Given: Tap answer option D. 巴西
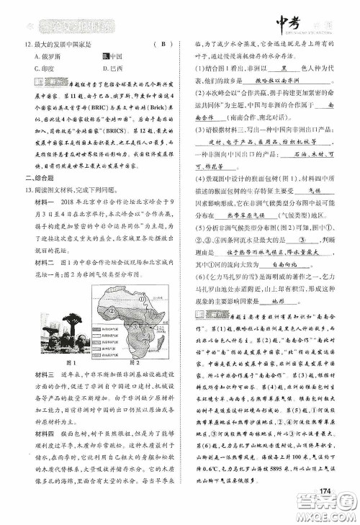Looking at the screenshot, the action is point(113,67).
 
